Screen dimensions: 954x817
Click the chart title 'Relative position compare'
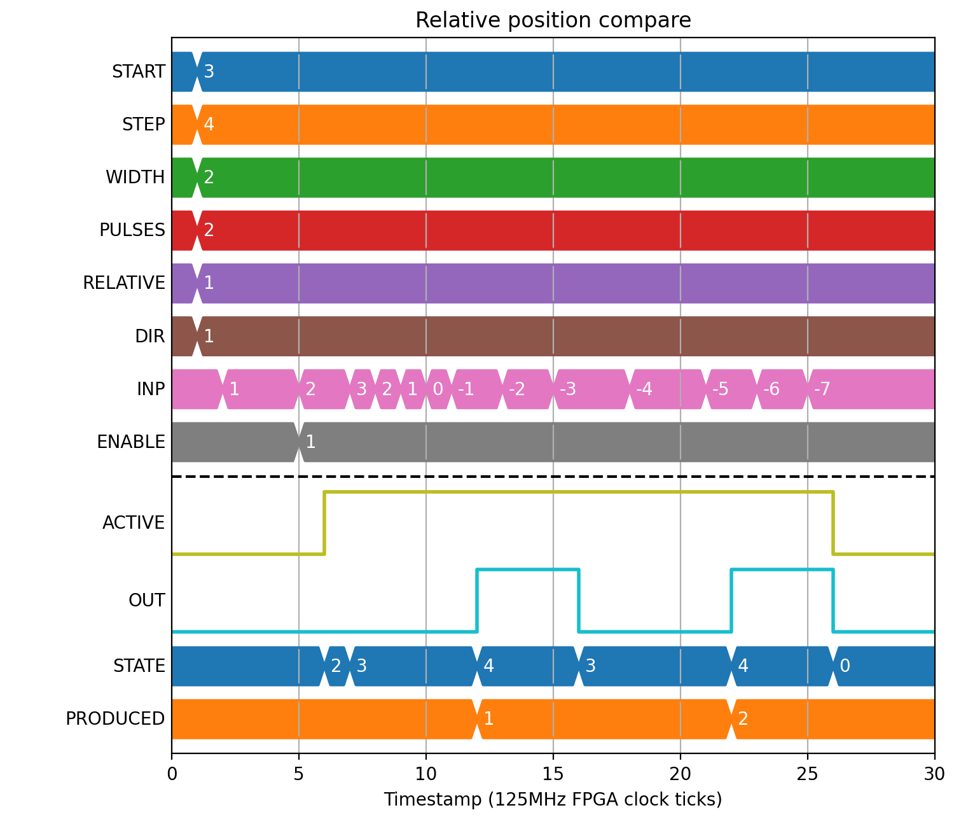553,20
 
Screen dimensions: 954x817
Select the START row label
139,72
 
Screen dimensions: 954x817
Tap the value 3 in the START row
209,72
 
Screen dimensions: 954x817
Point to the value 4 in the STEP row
209,124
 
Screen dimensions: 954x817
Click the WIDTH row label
135,178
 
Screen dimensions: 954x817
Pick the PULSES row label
132,230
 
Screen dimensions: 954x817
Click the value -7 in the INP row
822,389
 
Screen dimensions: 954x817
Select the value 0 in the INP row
438,389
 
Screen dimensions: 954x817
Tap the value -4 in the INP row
644,389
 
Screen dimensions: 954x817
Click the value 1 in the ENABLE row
310,442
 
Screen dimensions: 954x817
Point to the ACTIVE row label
134,523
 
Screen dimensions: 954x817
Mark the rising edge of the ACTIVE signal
324,523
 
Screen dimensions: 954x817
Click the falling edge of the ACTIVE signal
833,523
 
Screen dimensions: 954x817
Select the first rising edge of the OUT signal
477,601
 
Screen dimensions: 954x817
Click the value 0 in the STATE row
845,666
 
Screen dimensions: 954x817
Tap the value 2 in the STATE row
336,666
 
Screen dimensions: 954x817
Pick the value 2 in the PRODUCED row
743,718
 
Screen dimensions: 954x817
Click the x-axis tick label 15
553,774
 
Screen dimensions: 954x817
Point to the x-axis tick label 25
807,774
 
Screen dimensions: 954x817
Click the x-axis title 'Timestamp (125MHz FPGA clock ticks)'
553,799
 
